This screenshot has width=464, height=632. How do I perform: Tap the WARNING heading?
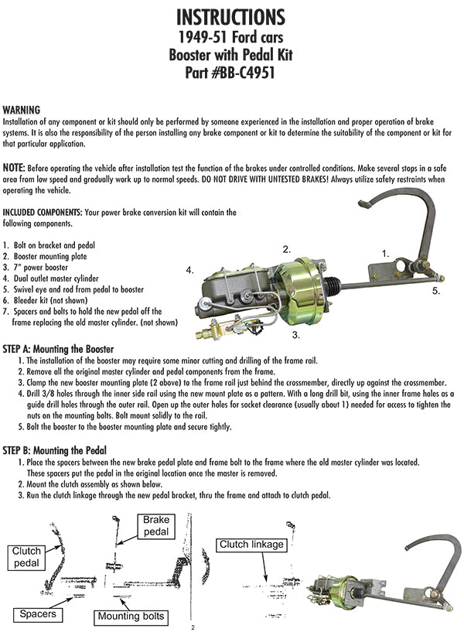(x=22, y=110)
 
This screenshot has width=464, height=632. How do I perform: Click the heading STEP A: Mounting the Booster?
(x=59, y=350)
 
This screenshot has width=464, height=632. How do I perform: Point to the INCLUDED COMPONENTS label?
(x=46, y=212)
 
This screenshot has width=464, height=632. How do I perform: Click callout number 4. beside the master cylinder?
(x=189, y=270)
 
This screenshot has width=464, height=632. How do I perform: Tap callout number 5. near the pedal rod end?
(x=436, y=291)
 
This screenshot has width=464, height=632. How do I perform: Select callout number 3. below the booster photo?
(x=295, y=336)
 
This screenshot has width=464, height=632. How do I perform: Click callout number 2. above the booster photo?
(x=286, y=249)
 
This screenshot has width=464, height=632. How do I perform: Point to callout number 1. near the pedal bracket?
(x=384, y=252)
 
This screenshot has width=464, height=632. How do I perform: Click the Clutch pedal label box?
(x=26, y=556)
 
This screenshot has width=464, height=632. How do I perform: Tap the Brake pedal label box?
(x=155, y=526)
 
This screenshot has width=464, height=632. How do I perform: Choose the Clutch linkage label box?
(x=251, y=545)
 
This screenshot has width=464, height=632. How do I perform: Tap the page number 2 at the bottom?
(x=193, y=627)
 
